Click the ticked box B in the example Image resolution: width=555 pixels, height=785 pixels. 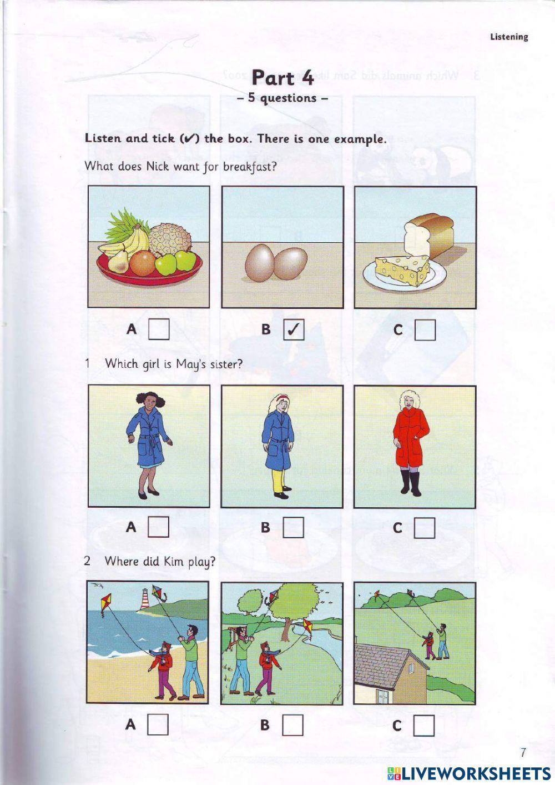click(x=294, y=330)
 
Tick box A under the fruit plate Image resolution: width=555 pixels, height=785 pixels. click(x=159, y=330)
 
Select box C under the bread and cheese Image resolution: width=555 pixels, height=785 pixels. click(x=425, y=331)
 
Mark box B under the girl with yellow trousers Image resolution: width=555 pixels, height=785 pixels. click(x=293, y=527)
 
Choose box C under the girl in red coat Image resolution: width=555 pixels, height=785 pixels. click(x=425, y=528)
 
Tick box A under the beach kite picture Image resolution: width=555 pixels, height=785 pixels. click(x=158, y=724)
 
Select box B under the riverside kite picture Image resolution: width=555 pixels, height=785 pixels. click(x=293, y=725)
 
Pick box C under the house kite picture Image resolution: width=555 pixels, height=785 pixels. click(x=424, y=726)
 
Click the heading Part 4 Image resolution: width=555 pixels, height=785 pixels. click(x=282, y=78)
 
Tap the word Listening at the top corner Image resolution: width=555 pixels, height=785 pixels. click(x=509, y=37)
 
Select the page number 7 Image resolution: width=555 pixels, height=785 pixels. click(x=523, y=753)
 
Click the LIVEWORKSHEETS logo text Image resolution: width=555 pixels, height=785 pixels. click(x=468, y=773)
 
